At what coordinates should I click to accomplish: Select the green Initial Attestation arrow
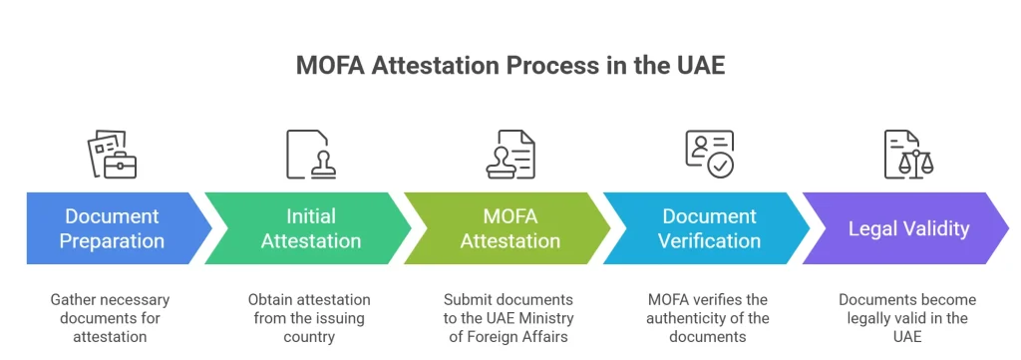click(309, 228)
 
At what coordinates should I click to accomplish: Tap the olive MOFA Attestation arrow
click(510, 228)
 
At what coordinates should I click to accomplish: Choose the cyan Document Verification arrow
click(710, 228)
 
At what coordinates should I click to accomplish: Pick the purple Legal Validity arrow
click(908, 228)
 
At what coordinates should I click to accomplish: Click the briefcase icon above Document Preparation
click(112, 155)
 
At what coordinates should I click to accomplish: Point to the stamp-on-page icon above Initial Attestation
click(310, 155)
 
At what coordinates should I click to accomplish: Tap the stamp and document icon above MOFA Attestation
click(510, 155)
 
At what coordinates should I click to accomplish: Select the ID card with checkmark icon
click(709, 155)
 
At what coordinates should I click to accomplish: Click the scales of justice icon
click(908, 155)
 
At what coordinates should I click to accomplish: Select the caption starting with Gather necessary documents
click(110, 318)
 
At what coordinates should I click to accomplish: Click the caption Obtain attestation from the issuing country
click(309, 318)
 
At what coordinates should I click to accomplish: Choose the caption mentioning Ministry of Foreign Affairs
click(510, 318)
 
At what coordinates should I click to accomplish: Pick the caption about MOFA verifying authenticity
click(710, 318)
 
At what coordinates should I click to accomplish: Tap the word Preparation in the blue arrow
click(112, 241)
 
